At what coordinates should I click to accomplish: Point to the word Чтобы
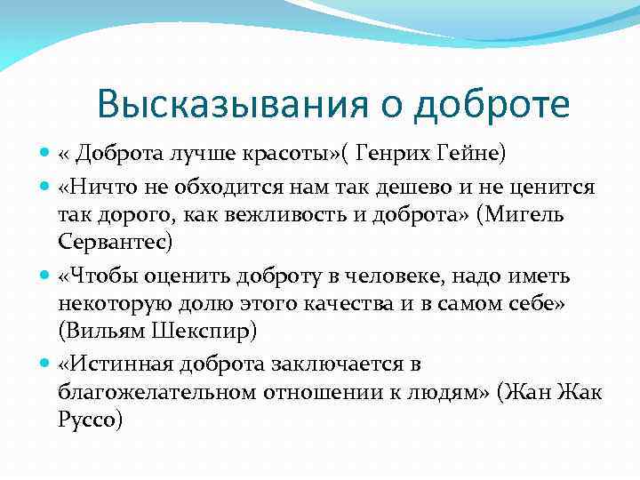(x=100, y=276)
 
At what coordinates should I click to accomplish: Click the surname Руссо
(x=89, y=419)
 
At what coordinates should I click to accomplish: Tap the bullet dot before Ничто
(x=45, y=188)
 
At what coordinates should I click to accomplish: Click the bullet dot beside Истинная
(x=45, y=364)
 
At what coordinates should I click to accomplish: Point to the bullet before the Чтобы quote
(x=45, y=276)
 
